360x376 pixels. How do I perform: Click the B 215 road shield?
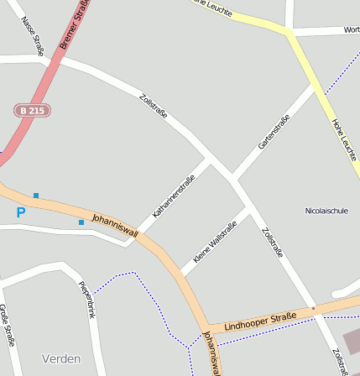34,110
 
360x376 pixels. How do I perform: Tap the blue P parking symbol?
21,212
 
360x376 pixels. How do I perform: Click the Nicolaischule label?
326,210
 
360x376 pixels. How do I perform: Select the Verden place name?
61,358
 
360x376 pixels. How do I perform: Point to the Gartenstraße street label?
274,133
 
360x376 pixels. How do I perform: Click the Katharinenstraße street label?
173,196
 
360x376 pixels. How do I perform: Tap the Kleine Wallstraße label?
215,241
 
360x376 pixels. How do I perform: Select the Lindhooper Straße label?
260,320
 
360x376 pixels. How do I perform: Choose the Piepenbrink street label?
87,300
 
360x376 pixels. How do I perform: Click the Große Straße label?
8,325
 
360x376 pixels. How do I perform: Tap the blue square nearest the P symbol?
36,196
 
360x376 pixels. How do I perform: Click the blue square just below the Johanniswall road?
81,222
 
